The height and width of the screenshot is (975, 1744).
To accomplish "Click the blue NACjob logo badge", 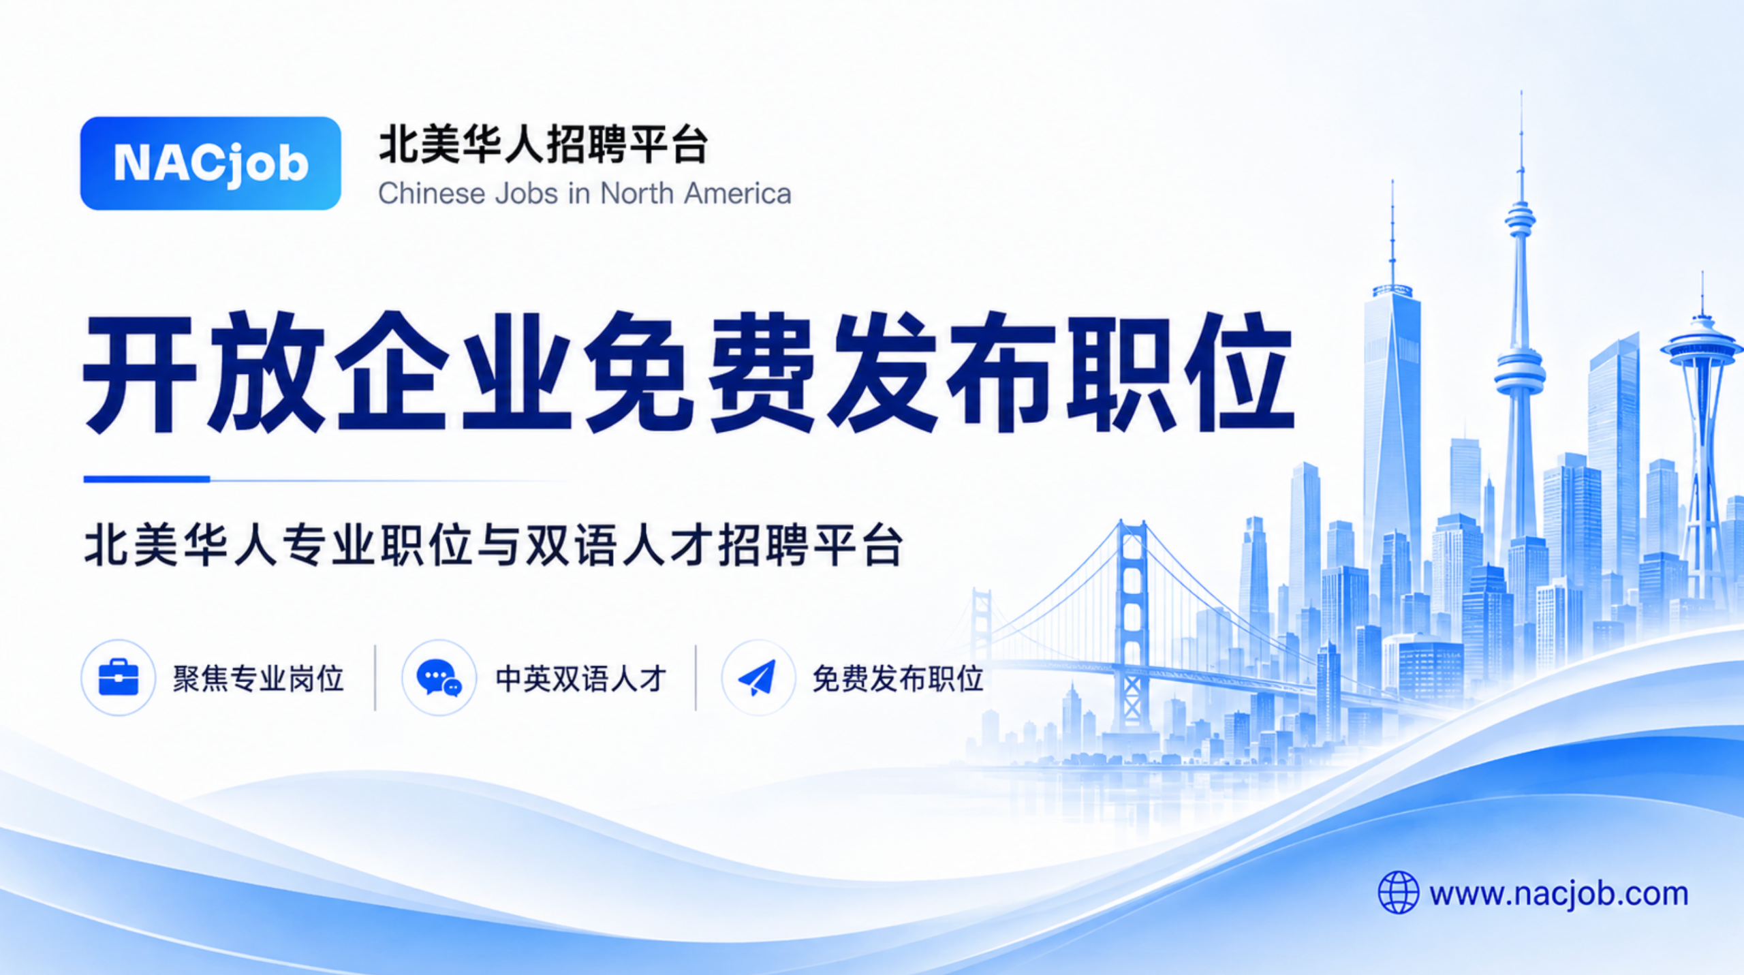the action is coord(211,164).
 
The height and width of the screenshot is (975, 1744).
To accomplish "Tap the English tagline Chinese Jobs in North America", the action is coord(585,194).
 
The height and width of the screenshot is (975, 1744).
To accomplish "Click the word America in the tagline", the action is coord(738,194).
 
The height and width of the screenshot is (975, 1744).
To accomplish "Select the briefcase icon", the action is coord(119,677).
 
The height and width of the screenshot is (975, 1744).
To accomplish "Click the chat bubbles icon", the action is coord(439,678).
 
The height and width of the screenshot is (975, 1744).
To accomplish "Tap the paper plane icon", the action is coord(758,677).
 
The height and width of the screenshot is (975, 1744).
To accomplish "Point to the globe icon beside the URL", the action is coord(1399,893).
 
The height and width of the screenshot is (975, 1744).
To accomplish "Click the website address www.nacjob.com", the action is coord(1559,894).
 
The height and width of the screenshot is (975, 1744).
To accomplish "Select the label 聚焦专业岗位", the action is coord(258,679).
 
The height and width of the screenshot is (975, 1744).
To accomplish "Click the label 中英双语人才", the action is coord(581,679).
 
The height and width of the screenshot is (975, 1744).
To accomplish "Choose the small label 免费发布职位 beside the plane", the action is coord(898,679).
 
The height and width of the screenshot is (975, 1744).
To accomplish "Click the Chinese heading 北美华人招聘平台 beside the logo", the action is coord(544,144).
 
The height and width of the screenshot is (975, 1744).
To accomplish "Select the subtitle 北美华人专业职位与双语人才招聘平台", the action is coord(494,545).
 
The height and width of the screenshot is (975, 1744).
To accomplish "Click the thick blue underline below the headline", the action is coord(146,479).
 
